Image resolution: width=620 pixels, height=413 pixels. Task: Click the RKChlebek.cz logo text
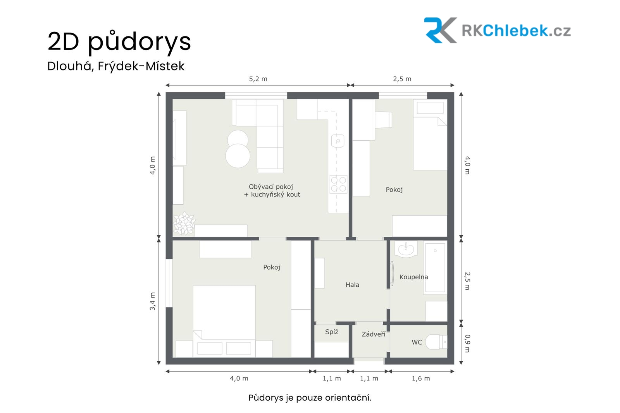click(x=516, y=31)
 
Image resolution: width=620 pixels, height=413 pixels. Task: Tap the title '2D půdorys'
click(x=119, y=41)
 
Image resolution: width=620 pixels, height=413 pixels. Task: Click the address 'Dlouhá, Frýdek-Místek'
click(x=116, y=66)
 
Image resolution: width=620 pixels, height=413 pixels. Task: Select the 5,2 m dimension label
click(x=258, y=79)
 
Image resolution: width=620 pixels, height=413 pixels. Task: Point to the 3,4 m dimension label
click(x=153, y=301)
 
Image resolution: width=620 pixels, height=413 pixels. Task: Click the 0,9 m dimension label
click(x=467, y=344)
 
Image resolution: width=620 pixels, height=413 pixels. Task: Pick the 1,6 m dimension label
click(x=421, y=379)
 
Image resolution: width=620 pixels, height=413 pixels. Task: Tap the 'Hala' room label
click(x=352, y=284)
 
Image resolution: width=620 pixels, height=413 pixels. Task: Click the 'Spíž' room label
click(x=332, y=332)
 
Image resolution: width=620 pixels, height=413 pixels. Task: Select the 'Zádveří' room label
click(x=374, y=334)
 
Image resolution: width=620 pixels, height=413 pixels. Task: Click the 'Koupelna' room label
click(x=413, y=277)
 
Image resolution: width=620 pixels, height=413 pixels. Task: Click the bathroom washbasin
click(x=406, y=249)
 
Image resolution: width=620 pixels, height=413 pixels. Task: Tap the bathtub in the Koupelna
click(x=435, y=268)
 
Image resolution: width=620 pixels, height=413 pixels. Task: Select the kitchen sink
click(x=338, y=141)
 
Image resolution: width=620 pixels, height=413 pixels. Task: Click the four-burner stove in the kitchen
click(x=338, y=184)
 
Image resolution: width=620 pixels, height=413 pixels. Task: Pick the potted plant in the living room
click(x=184, y=224)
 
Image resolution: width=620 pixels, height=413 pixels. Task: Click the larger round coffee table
click(x=238, y=156)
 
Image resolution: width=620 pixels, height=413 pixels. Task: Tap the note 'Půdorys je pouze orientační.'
click(x=310, y=398)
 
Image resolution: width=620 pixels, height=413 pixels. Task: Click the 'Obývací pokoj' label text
click(x=271, y=187)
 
